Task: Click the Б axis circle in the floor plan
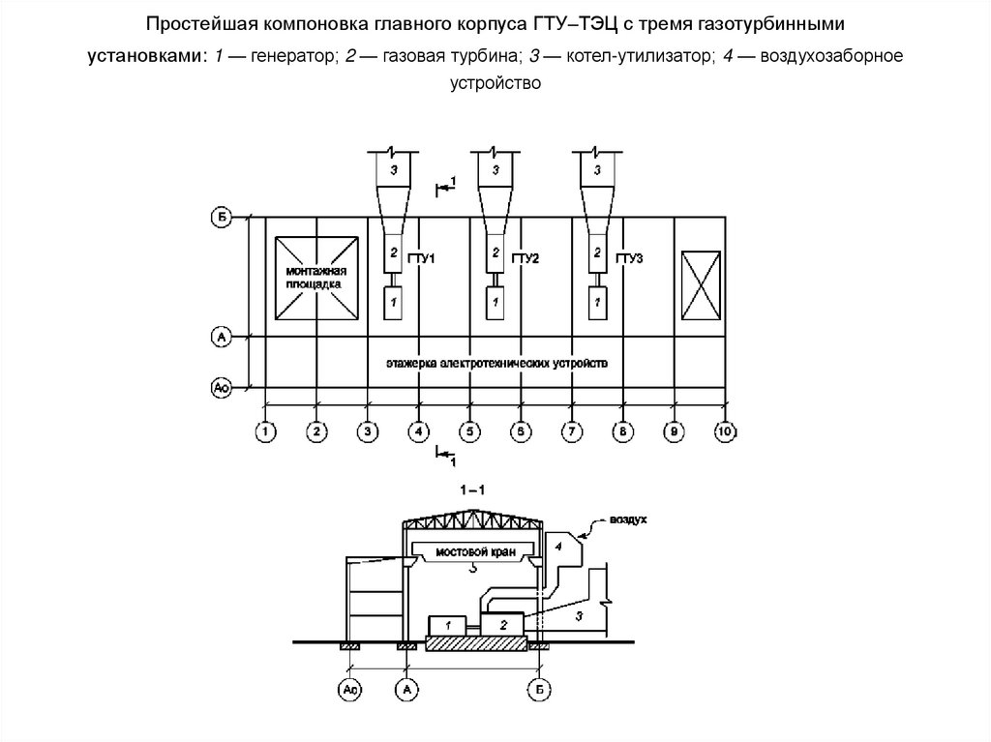click(x=222, y=217)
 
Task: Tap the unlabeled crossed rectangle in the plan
click(x=700, y=279)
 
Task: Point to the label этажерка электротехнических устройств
click(x=496, y=364)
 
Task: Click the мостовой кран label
click(x=471, y=551)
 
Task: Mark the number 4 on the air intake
click(x=558, y=547)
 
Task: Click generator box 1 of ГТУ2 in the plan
click(x=495, y=303)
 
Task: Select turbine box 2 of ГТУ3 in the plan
click(x=597, y=253)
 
